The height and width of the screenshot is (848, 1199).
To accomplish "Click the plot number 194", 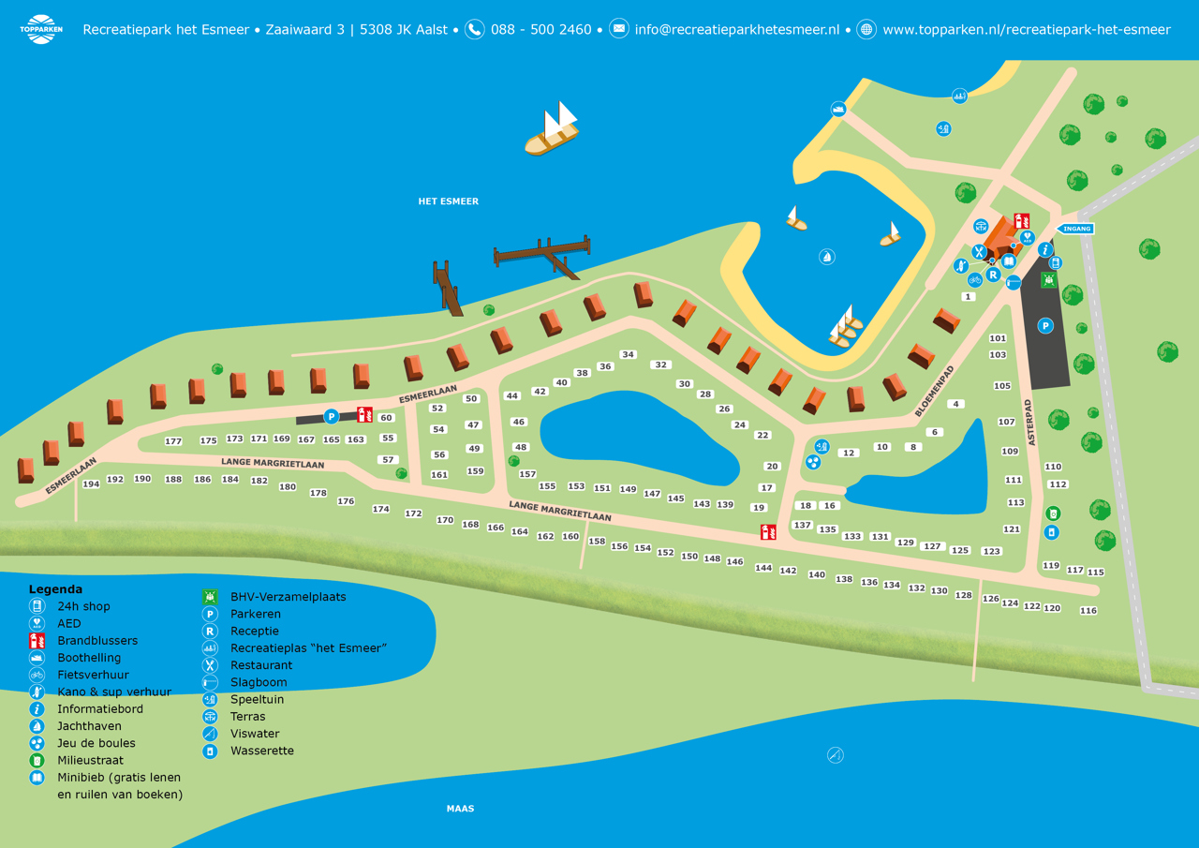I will tap(91, 484).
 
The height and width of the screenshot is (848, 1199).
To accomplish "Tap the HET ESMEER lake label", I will tap(448, 201).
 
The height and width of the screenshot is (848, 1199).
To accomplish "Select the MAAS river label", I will tap(460, 808).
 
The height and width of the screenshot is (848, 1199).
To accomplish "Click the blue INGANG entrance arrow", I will tap(1075, 229).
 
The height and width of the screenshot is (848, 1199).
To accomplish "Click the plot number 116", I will tap(1088, 611).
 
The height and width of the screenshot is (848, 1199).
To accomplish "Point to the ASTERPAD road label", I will tap(1032, 422).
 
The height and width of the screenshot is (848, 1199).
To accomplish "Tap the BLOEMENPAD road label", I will tap(938, 390).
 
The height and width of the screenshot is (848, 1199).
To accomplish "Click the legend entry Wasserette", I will tap(261, 751).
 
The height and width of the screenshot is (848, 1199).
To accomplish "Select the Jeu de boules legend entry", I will tap(96, 743).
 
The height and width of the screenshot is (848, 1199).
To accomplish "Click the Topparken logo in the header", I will tap(40, 29).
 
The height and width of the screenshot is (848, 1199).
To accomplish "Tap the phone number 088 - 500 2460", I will tap(540, 29).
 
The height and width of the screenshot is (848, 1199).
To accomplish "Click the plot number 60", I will tap(386, 418).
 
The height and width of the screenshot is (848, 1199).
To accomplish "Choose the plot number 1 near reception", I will tap(969, 297).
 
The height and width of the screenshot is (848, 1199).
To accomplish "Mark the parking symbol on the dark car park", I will tap(1045, 326).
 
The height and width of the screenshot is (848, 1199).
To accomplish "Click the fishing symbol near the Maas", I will tap(835, 755).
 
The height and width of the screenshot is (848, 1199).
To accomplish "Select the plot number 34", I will tap(628, 355).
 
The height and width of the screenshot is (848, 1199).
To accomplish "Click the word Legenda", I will tap(55, 589).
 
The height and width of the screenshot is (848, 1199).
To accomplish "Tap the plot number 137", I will tap(802, 526).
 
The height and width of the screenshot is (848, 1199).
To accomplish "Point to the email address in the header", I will tap(736, 29).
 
